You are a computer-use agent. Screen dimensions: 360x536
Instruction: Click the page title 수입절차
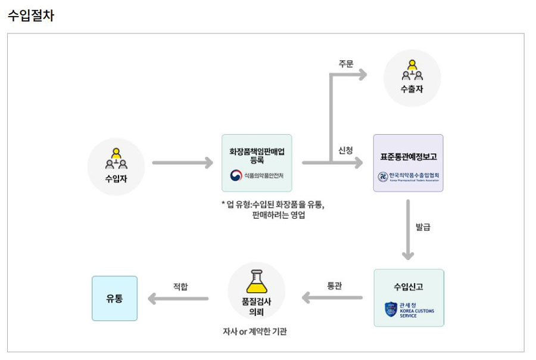[x=31, y=16]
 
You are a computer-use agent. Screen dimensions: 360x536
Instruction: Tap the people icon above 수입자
[x=116, y=158]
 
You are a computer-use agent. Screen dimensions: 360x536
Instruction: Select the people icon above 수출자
[x=412, y=70]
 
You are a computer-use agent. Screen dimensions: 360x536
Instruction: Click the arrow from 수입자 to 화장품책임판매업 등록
[x=182, y=162]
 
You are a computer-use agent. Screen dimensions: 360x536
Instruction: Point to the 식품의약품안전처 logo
[x=257, y=176]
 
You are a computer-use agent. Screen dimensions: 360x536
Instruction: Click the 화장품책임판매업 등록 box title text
[x=257, y=156]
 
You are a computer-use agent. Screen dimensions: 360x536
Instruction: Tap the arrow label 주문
[x=346, y=64]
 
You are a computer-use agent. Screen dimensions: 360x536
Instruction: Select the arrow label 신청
[x=346, y=150]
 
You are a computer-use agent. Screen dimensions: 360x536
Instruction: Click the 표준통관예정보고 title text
[x=408, y=157]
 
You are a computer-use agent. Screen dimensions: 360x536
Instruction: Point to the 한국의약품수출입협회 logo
[x=408, y=177]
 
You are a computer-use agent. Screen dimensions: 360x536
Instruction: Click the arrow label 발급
[x=423, y=226]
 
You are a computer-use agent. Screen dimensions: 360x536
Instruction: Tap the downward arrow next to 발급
[x=408, y=229]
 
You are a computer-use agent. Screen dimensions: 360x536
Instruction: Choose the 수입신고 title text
[x=409, y=287]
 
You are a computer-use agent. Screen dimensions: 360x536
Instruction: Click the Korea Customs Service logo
[x=409, y=310]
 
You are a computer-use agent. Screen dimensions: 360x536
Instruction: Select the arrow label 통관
[x=335, y=285]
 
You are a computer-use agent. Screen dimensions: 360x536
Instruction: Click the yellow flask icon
[x=257, y=281]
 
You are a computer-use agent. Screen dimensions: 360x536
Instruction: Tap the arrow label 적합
[x=180, y=286]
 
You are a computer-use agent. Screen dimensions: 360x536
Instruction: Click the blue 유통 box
[x=114, y=298]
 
